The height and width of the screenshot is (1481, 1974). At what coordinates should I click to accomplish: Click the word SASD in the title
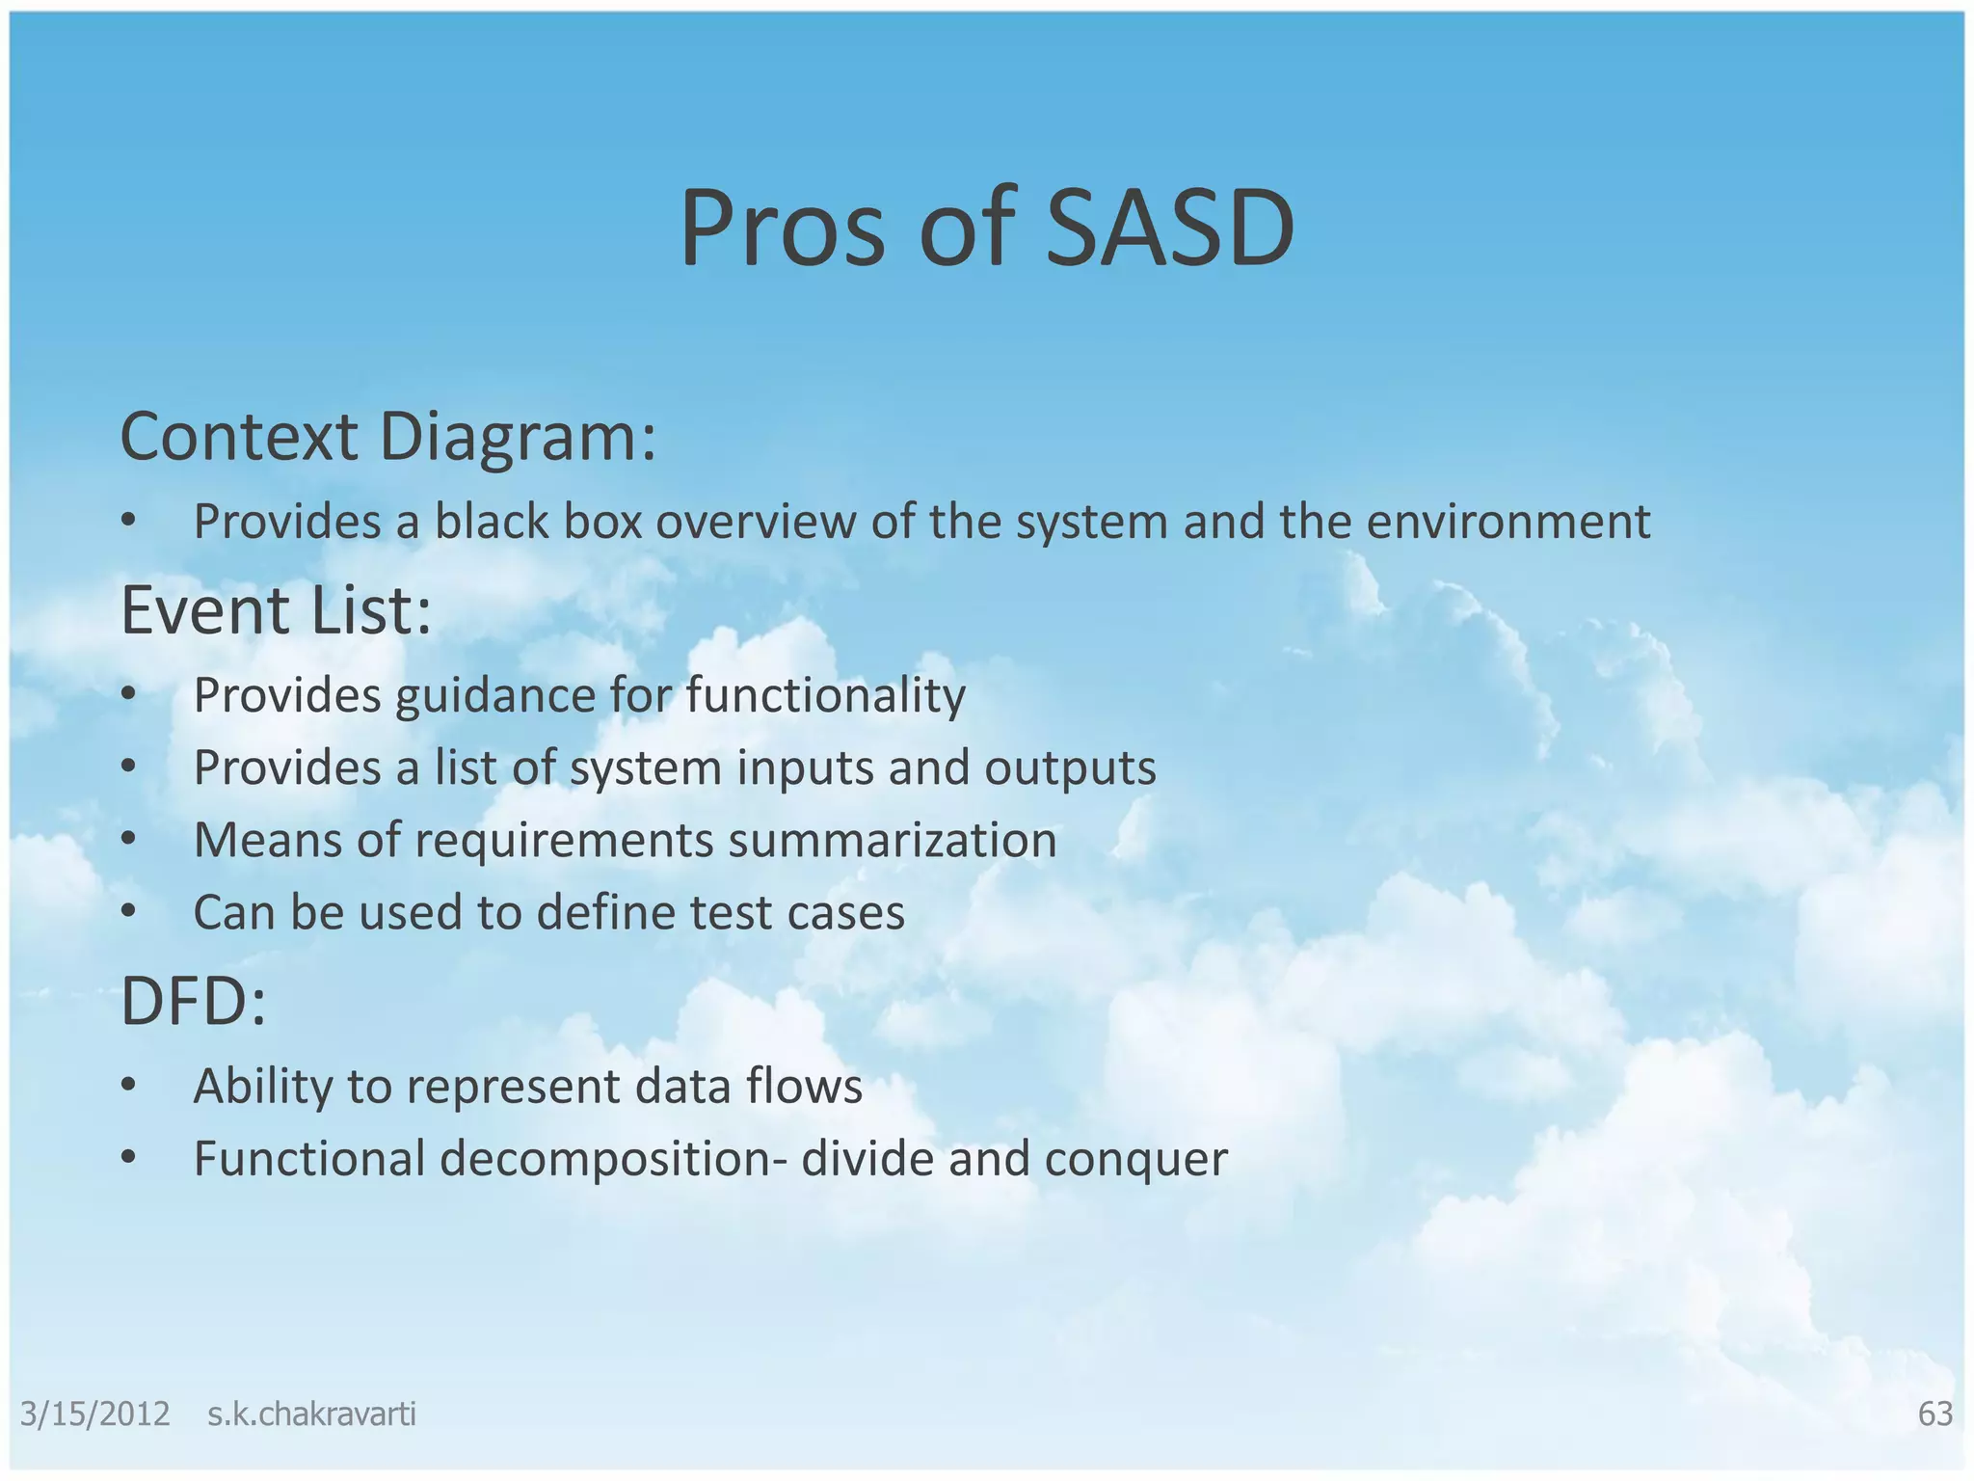pos(1169,229)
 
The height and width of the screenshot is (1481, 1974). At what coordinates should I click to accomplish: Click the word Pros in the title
pos(781,229)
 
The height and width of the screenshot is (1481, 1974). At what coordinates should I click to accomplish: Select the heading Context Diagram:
pos(387,437)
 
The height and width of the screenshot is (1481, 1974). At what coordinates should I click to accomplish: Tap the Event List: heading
pos(276,610)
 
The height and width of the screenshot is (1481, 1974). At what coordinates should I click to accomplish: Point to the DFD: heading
pos(193,1001)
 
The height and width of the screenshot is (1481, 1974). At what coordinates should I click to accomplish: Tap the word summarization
pos(892,840)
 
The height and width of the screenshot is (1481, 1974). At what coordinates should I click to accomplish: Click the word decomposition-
pos(613,1159)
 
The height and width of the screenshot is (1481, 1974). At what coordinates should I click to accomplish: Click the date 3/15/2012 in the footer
pos(94,1414)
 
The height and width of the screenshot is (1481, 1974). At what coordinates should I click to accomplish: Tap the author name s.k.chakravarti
pos(311,1414)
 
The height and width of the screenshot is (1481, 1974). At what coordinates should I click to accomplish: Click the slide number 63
pos(1934,1414)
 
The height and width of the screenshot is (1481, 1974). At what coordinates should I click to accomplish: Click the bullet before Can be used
pos(129,912)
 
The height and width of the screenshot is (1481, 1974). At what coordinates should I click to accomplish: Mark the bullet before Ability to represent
pos(129,1086)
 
